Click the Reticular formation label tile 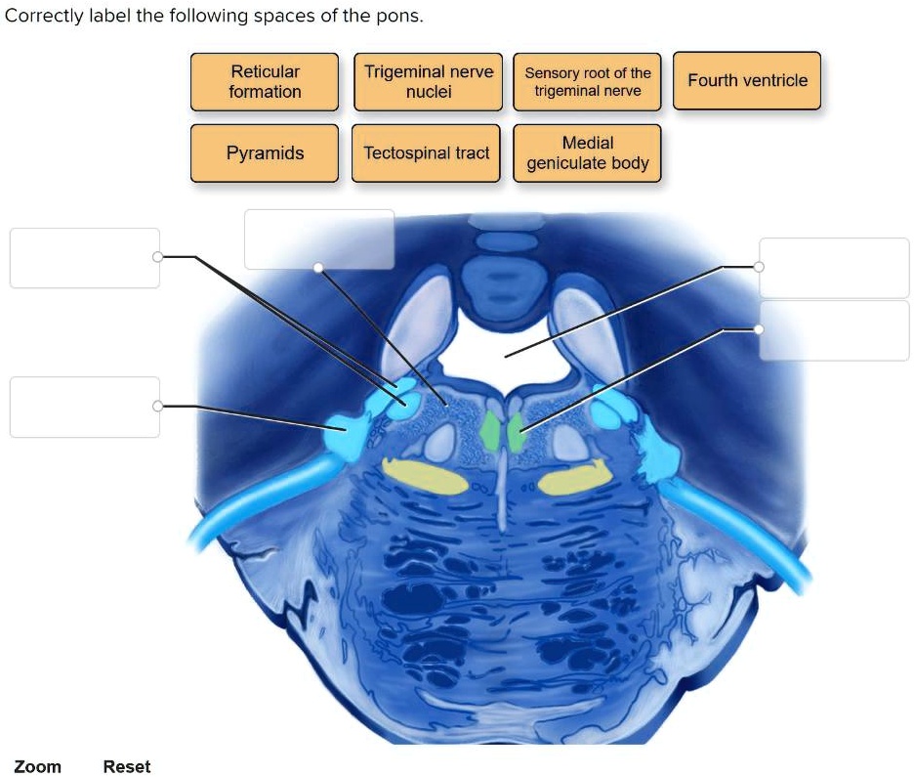click(265, 81)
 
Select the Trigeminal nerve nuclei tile click(428, 81)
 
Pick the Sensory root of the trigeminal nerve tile click(587, 81)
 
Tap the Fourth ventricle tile click(747, 80)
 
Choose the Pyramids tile click(265, 152)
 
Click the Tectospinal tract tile click(427, 152)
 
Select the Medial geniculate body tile click(587, 152)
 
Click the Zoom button click(37, 766)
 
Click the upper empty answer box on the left click(84, 258)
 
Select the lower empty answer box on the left click(84, 407)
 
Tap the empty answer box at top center click(318, 238)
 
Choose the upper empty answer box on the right click(834, 267)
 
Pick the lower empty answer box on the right click(834, 330)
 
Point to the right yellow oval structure click(575, 477)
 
